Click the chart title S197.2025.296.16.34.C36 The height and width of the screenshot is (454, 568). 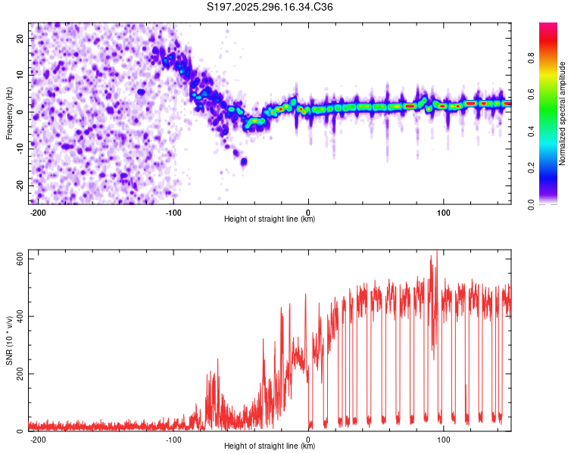tap(270, 8)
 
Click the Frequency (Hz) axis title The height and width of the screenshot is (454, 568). tap(9, 113)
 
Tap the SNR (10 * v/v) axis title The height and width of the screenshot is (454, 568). tap(9, 345)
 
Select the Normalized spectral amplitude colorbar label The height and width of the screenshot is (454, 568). tap(563, 113)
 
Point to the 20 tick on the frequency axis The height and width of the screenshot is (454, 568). tap(20, 37)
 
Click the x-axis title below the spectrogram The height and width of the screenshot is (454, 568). tap(270, 219)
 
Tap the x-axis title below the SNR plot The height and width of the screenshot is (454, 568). tap(270, 446)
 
